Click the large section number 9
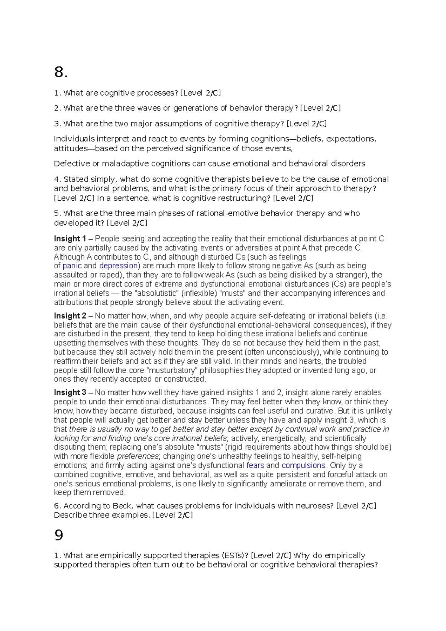pyautogui.click(x=59, y=535)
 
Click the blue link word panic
pyautogui.click(x=72, y=266)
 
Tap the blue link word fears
pyautogui.click(x=255, y=465)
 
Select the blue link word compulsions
pyautogui.click(x=303, y=465)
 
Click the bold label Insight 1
pyautogui.click(x=70, y=239)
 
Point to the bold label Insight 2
pyautogui.click(x=70, y=316)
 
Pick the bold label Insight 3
pyautogui.click(x=70, y=392)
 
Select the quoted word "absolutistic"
pyautogui.click(x=156, y=293)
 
